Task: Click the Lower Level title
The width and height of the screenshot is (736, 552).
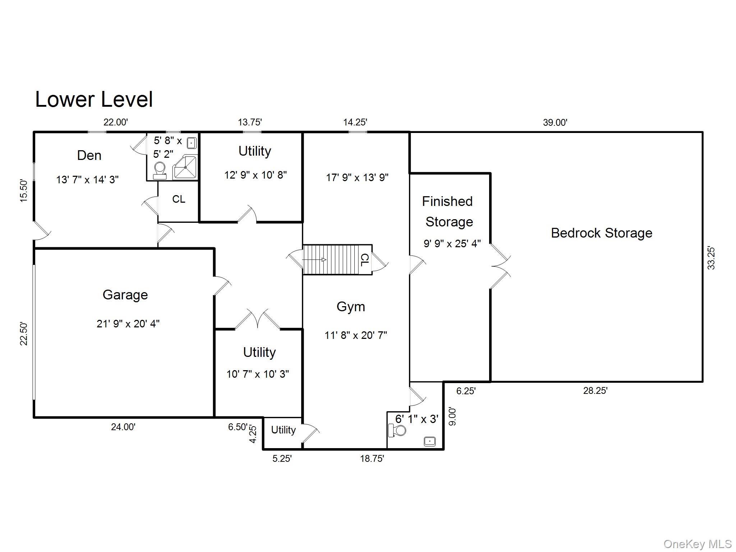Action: pyautogui.click(x=94, y=100)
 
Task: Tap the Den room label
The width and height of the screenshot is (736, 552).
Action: pyautogui.click(x=89, y=156)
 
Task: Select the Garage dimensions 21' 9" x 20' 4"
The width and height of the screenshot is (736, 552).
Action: pyautogui.click(x=128, y=324)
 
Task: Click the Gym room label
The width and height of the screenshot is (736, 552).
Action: pyautogui.click(x=351, y=307)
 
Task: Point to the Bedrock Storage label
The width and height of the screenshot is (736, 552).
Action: pyautogui.click(x=602, y=233)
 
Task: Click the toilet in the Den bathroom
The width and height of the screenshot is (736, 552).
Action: pyautogui.click(x=160, y=170)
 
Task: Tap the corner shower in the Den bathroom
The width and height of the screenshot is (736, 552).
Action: pyautogui.click(x=185, y=167)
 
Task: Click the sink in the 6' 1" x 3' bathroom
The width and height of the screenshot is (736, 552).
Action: pyautogui.click(x=430, y=441)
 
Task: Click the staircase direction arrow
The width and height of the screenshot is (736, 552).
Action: pyautogui.click(x=314, y=260)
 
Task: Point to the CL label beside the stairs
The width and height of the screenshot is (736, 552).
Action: pyautogui.click(x=364, y=260)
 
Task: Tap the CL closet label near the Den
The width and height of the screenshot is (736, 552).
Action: pyautogui.click(x=179, y=199)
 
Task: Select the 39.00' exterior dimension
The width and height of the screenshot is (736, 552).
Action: pyautogui.click(x=555, y=123)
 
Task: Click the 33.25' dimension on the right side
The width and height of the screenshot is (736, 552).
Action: pyautogui.click(x=711, y=258)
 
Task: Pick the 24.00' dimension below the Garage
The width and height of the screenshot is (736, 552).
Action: pyautogui.click(x=123, y=427)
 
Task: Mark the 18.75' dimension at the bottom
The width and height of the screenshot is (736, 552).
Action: pyautogui.click(x=372, y=459)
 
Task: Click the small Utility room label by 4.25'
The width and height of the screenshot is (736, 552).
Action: pyautogui.click(x=283, y=430)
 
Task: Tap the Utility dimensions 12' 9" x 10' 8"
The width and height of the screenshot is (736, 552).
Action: pyautogui.click(x=256, y=175)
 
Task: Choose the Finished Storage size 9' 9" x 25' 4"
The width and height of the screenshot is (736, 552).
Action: pyautogui.click(x=452, y=244)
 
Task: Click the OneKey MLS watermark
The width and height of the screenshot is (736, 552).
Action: pyautogui.click(x=697, y=544)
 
